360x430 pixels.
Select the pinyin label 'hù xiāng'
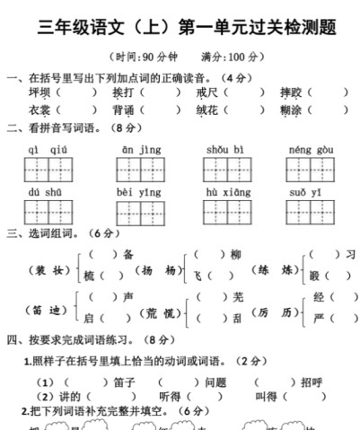(224, 192)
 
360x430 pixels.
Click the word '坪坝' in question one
(40, 92)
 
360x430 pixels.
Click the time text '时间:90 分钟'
(150, 57)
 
